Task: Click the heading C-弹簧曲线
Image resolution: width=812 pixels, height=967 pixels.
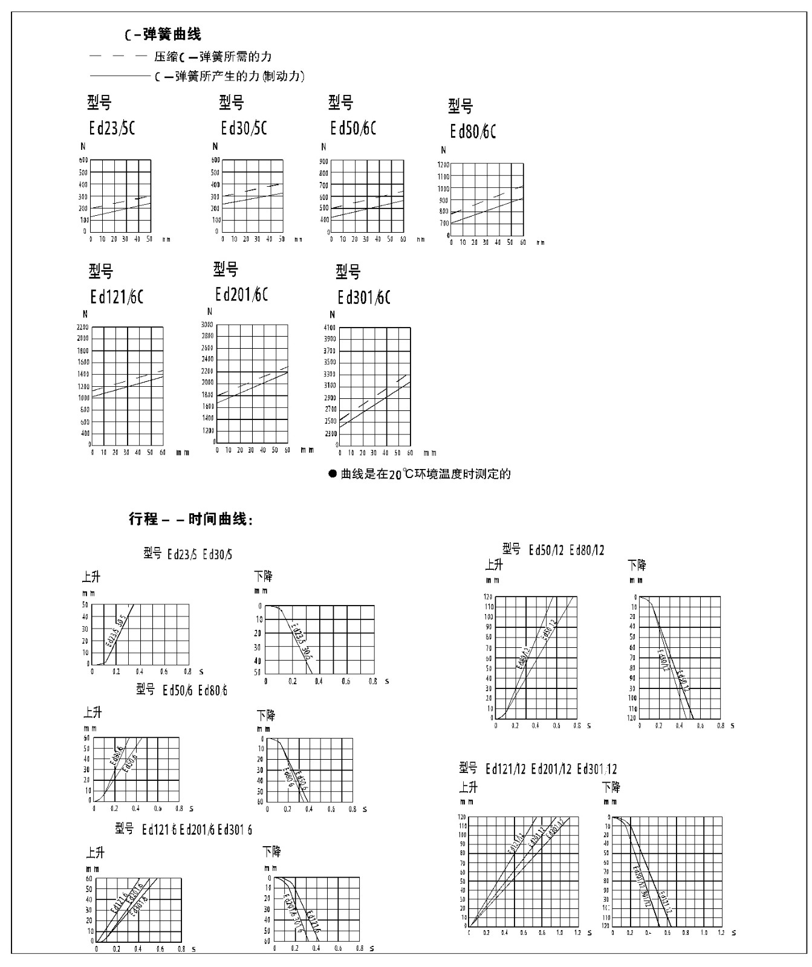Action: click(163, 34)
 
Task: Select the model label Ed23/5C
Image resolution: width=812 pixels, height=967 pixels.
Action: click(111, 128)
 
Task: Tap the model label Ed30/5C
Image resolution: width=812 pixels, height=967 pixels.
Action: click(244, 128)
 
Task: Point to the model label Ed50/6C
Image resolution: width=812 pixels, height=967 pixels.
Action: click(353, 128)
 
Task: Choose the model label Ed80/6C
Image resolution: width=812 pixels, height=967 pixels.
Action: click(473, 132)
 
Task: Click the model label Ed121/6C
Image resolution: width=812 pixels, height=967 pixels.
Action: click(117, 297)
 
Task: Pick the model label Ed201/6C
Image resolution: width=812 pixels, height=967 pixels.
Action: click(241, 294)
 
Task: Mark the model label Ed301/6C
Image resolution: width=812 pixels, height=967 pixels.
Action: click(364, 297)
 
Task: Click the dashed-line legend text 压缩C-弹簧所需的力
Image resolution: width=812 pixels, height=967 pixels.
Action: click(212, 57)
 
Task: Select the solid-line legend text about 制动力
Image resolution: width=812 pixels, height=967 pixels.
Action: click(229, 76)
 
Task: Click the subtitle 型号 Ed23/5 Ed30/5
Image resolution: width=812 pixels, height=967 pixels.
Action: click(187, 554)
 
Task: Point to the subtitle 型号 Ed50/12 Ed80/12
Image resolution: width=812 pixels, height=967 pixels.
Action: click(553, 550)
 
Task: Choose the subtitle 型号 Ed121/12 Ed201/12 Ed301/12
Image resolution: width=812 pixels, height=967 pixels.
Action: click(538, 769)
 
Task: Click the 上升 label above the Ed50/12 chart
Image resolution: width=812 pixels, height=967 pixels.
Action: click(494, 565)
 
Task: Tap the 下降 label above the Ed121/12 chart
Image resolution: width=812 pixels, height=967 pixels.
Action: click(611, 787)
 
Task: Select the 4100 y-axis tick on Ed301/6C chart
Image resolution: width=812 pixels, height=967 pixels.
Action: click(330, 328)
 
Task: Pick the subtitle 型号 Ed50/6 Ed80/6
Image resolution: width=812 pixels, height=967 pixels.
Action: click(181, 690)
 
